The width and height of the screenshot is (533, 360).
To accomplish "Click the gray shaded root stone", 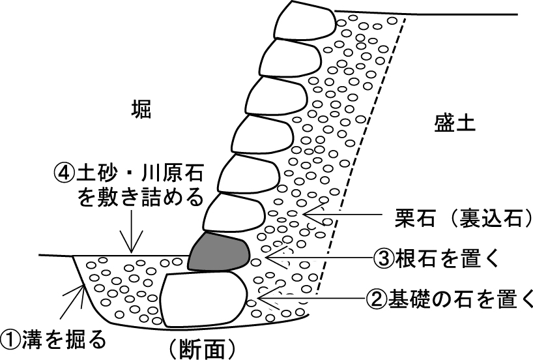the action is coord(219,252).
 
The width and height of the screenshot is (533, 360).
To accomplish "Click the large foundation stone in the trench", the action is coord(204,299).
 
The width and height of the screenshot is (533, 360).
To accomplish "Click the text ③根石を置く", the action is coord(436,258).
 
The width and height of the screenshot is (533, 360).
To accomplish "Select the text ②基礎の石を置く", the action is coord(450,298).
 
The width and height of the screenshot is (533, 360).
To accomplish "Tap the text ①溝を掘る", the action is coord(53,338).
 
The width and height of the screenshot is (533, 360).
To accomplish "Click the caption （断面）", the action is coord(201,350).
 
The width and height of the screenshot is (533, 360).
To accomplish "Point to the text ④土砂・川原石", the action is coord(128,173).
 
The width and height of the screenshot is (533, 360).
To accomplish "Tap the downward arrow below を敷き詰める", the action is coord(131,232).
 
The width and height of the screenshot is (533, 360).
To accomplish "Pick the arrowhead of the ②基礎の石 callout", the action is coord(267,298).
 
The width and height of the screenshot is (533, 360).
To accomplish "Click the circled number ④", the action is coord(64,173).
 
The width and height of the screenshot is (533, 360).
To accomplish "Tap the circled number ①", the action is coord(10,338).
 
